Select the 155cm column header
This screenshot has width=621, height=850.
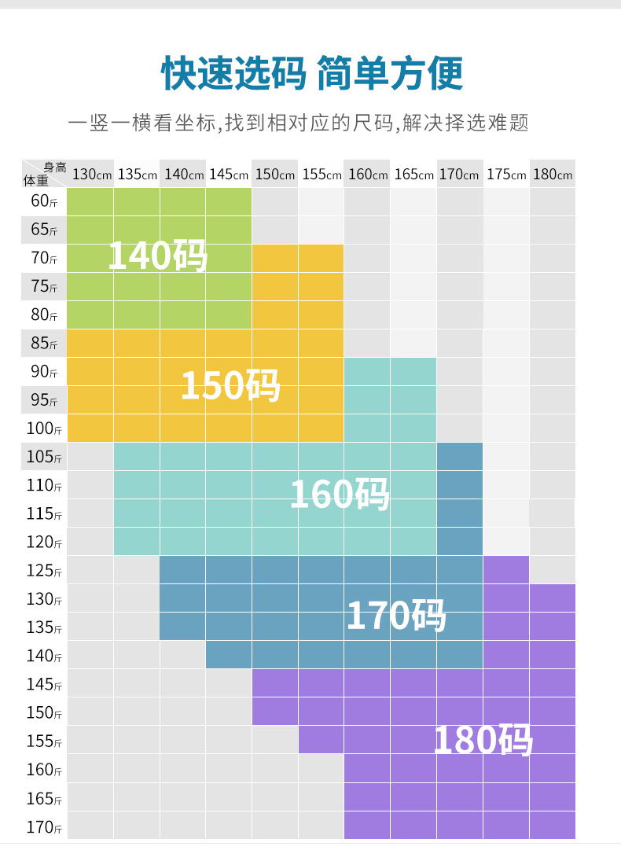[x=321, y=175]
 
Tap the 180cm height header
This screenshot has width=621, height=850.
[x=553, y=175]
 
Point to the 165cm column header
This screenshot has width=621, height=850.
[x=413, y=175]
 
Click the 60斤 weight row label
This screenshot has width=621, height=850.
[x=44, y=201]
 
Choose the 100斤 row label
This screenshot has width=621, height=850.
[x=44, y=429]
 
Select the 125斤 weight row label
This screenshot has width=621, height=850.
[x=44, y=571]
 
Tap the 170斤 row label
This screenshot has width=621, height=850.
[x=44, y=826]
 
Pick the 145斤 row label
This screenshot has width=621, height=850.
[x=44, y=684]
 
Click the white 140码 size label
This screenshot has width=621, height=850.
[x=157, y=256]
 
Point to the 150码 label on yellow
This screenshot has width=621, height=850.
[x=230, y=385]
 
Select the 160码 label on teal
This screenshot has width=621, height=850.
[x=340, y=494]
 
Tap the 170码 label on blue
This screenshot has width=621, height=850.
[x=396, y=615]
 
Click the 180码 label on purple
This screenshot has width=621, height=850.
[x=483, y=740]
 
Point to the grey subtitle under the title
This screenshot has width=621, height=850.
[x=298, y=123]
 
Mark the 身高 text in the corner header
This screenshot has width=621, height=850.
[x=54, y=166]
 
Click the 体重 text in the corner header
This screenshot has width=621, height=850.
[x=35, y=181]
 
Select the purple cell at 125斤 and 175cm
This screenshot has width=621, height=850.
[x=506, y=570]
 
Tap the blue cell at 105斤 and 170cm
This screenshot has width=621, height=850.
[x=460, y=457]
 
